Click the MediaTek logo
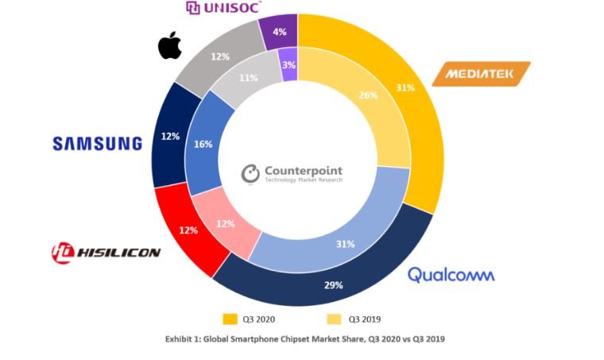coord(482,75)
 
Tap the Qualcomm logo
coord(451,274)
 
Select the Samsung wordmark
coord(97,144)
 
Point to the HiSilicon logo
coord(106,253)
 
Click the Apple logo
coord(170,45)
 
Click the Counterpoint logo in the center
coord(294,174)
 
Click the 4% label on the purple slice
coord(279,33)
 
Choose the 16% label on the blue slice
coord(203,145)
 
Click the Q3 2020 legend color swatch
coord(230,319)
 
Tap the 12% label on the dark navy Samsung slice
coord(169,137)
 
